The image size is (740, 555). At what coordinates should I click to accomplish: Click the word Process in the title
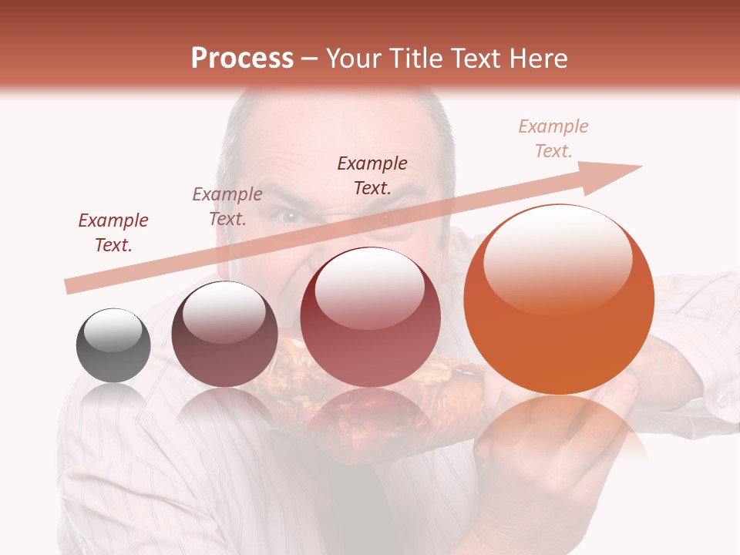pyautogui.click(x=242, y=59)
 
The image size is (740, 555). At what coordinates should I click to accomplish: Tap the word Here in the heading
pyautogui.click(x=536, y=59)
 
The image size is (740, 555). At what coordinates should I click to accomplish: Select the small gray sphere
pyautogui.click(x=113, y=345)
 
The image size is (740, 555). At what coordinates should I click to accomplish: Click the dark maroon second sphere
pyautogui.click(x=224, y=334)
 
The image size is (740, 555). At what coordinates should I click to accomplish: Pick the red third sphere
pyautogui.click(x=370, y=318)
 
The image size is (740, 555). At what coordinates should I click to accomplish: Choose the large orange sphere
pyautogui.click(x=559, y=300)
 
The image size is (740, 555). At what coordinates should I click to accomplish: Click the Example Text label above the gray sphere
pyautogui.click(x=113, y=233)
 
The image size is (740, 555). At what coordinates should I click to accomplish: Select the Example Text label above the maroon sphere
pyautogui.click(x=227, y=207)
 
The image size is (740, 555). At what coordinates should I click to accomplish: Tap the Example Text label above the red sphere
pyautogui.click(x=372, y=175)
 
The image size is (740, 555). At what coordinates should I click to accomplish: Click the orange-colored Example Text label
pyautogui.click(x=553, y=139)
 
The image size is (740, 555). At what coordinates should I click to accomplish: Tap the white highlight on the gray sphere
pyautogui.click(x=113, y=329)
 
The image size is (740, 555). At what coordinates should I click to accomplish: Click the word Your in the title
pyautogui.click(x=354, y=59)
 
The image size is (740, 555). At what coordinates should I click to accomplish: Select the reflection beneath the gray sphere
pyautogui.click(x=113, y=397)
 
